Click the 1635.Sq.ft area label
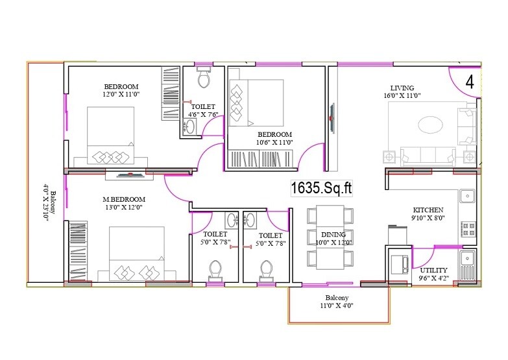point(321,188)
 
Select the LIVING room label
point(402,88)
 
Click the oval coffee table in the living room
point(431,124)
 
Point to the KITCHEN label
point(428,210)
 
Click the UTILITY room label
point(433,270)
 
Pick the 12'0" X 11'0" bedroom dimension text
point(121,95)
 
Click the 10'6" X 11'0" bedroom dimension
point(275,141)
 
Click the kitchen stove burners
point(467,228)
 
